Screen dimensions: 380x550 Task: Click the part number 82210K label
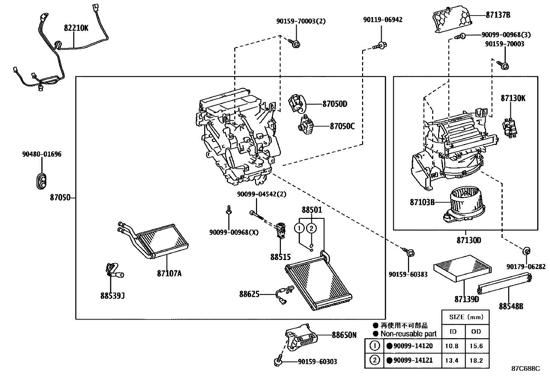76,28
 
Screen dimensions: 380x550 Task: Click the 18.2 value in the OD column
476,360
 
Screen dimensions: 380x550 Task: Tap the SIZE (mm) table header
466,317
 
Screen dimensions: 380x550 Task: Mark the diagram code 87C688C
525,369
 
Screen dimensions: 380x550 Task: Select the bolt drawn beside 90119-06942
380,45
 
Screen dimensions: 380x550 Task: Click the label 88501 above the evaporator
312,210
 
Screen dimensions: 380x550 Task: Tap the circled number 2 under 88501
311,228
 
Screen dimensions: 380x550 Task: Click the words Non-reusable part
408,334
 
